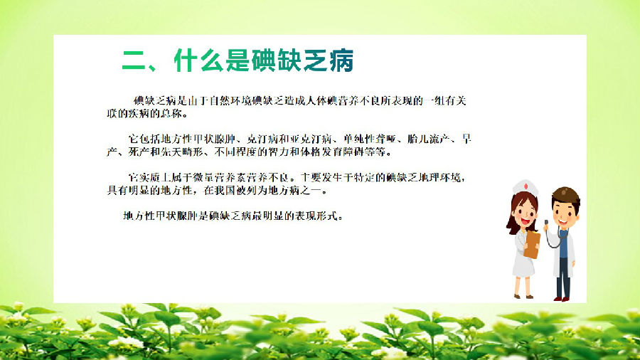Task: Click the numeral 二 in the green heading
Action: point(134,61)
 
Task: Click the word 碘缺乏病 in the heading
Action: point(302,60)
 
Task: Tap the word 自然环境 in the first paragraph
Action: point(230,101)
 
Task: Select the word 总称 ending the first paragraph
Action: point(171,113)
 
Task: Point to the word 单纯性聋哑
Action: point(370,139)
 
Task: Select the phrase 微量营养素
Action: point(219,178)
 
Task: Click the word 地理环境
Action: point(439,178)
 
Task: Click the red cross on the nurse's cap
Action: point(526,186)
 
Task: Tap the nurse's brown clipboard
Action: point(531,245)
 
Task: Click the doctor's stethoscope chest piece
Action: point(546,223)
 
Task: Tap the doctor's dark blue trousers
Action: point(563,277)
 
